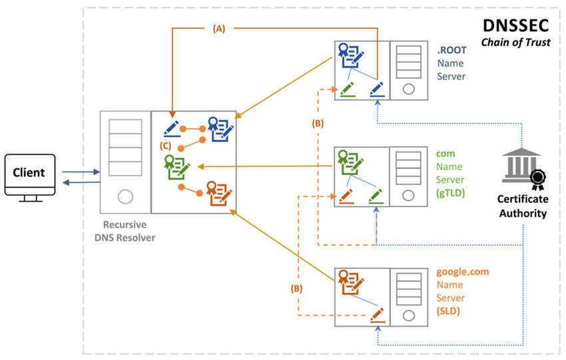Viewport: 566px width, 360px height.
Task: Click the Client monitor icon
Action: pyautogui.click(x=30, y=178)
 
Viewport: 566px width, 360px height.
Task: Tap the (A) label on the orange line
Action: pyautogui.click(x=219, y=29)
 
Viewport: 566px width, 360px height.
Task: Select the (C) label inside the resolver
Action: pyautogui.click(x=165, y=146)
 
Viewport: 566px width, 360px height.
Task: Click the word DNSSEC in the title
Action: pyautogui.click(x=516, y=25)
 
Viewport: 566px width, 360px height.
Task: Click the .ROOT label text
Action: pyautogui.click(x=451, y=50)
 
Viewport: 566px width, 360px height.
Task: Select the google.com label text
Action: pyautogui.click(x=462, y=271)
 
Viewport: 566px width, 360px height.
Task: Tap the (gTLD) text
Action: pyautogui.click(x=450, y=192)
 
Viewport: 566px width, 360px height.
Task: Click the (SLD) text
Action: pyautogui.click(x=448, y=311)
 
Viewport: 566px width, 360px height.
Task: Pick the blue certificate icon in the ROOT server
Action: pyautogui.click(x=350, y=55)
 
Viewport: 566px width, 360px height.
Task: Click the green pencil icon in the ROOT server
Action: pyautogui.click(x=347, y=89)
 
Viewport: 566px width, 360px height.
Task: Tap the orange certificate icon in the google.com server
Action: pyautogui.click(x=350, y=282)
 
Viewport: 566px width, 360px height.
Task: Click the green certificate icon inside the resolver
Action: pyautogui.click(x=176, y=167)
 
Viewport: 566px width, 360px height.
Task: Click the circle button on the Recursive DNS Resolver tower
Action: pyautogui.click(x=125, y=196)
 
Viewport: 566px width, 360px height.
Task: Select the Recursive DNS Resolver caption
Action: pyautogui.click(x=125, y=231)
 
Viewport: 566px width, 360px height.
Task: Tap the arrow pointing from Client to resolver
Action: pyautogui.click(x=81, y=172)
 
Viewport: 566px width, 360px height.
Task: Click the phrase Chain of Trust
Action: pyautogui.click(x=516, y=42)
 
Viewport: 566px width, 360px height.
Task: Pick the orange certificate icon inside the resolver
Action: pyautogui.click(x=219, y=194)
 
